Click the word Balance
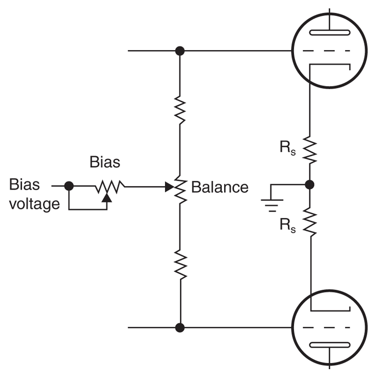click(x=220, y=187)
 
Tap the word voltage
click(x=34, y=204)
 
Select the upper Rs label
click(x=288, y=148)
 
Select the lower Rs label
click(x=288, y=226)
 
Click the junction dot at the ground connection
click(x=310, y=185)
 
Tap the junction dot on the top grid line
click(x=180, y=51)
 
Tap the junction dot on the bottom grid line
click(x=180, y=327)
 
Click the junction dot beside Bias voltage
click(x=69, y=186)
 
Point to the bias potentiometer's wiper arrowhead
click(x=107, y=198)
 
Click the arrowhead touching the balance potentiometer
click(x=169, y=187)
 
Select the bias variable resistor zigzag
click(x=110, y=187)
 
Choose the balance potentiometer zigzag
click(x=180, y=189)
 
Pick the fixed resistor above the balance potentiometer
click(x=180, y=110)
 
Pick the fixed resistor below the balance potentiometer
click(x=180, y=264)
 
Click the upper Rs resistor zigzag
click(x=310, y=150)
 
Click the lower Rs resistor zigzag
click(x=310, y=222)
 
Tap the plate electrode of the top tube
click(x=329, y=32)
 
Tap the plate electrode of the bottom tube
click(x=329, y=345)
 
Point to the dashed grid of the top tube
click(x=326, y=51)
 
